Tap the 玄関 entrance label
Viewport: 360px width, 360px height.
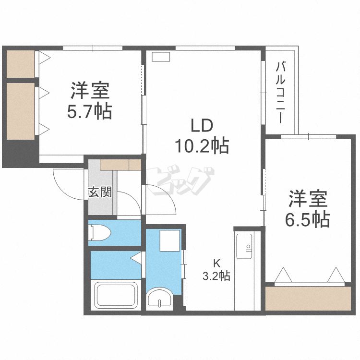click(100, 192)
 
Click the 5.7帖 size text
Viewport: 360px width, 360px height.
click(90, 111)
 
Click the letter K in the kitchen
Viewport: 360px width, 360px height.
click(216, 263)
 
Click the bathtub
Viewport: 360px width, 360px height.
click(117, 296)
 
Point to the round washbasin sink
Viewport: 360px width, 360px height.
click(158, 298)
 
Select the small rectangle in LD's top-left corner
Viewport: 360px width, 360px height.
click(161, 56)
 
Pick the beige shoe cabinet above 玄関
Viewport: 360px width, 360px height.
click(120, 165)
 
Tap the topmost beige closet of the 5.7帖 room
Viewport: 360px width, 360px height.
click(21, 63)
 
